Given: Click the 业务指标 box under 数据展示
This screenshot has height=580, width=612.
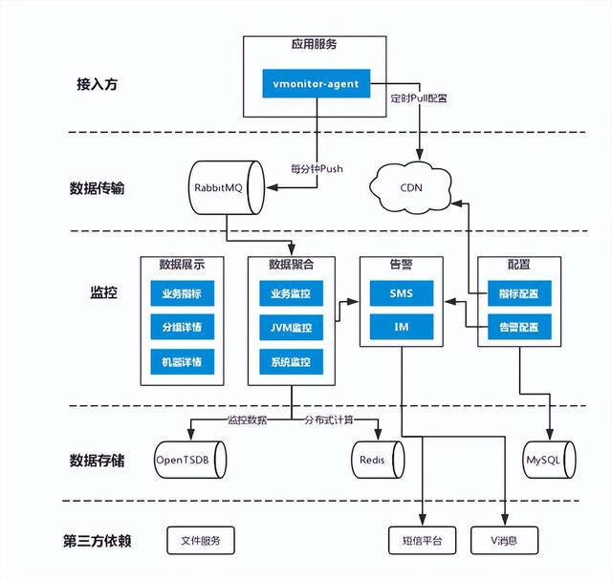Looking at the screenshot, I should (182, 293).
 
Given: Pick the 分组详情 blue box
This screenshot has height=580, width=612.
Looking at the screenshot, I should (182, 328).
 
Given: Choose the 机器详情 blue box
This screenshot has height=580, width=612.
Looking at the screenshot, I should (182, 362).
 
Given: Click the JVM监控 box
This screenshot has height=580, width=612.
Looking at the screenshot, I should (291, 328).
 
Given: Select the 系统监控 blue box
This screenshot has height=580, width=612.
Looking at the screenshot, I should (291, 362).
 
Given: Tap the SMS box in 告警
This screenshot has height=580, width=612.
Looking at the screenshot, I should (402, 293).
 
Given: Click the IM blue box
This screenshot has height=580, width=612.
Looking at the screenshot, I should (402, 328).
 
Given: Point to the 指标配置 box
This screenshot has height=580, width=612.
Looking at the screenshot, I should (518, 293).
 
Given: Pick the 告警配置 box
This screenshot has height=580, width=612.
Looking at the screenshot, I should (518, 328).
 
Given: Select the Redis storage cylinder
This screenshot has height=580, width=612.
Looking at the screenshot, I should (371, 460).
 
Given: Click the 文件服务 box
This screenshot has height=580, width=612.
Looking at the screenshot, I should (200, 540).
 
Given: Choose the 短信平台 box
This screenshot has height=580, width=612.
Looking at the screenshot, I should (422, 540).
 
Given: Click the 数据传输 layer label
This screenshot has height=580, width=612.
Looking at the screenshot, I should (98, 188).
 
